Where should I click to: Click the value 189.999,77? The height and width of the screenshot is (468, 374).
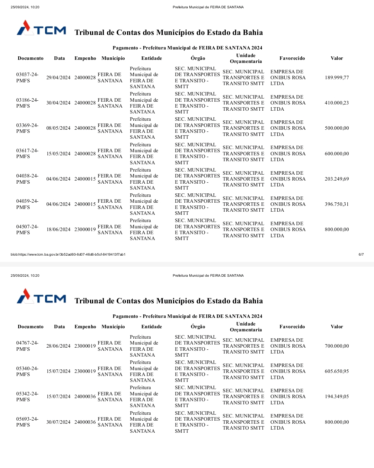337,77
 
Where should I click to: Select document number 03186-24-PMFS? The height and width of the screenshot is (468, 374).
27,103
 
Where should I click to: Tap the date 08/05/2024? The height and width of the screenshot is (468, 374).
58,128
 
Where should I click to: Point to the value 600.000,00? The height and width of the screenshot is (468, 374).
337,154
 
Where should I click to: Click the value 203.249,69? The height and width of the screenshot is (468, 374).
337,179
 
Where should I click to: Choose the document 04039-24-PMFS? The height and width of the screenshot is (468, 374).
27,204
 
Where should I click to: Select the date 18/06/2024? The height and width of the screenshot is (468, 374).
58,229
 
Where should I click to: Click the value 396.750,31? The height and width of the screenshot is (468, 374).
337,204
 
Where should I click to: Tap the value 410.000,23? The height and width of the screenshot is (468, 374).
337,103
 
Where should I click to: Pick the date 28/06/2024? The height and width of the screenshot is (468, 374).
58,346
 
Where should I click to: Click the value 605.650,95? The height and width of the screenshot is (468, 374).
337,371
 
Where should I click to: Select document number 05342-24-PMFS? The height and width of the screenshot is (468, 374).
27,396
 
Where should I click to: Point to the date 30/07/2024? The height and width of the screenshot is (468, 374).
58,422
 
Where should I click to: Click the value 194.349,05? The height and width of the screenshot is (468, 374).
337,396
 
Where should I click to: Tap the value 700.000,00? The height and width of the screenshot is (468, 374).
337,346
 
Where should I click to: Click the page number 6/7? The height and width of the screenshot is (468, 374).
361,255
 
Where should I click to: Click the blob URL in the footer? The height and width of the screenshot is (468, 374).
68,255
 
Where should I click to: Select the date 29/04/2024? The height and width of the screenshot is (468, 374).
58,77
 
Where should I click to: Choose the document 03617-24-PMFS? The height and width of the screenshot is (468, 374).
27,154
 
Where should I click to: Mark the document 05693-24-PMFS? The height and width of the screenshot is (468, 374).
27,422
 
